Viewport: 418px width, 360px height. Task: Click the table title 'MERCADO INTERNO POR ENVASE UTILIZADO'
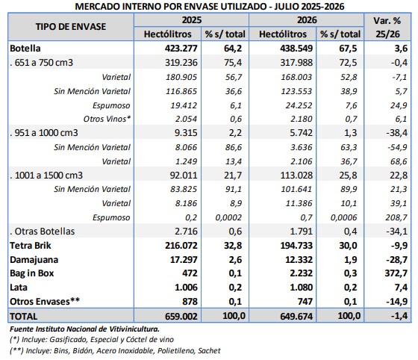170,6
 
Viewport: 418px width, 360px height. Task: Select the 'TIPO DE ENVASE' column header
71,27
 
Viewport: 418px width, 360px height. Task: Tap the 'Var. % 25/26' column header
387,27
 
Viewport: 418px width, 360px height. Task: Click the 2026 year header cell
307,20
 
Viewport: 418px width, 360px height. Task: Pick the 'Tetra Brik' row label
31,245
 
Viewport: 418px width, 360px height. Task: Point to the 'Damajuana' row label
34,259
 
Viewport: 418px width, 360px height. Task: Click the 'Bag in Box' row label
31,273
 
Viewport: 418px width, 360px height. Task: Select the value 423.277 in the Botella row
181,49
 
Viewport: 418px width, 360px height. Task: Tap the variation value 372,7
396,273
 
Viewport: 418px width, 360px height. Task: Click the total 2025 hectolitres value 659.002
181,316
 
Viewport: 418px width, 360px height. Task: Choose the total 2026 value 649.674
296,316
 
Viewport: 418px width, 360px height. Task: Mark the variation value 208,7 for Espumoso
396,217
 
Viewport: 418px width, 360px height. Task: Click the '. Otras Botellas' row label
42,232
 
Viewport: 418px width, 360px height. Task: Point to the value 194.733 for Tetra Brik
296,245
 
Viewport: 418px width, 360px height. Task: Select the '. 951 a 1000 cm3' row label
44,132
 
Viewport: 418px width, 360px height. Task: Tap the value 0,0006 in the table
343,217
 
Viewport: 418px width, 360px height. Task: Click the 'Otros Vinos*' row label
107,119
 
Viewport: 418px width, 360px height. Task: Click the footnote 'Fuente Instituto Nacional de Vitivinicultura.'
85,329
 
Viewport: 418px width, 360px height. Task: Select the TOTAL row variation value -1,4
399,316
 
